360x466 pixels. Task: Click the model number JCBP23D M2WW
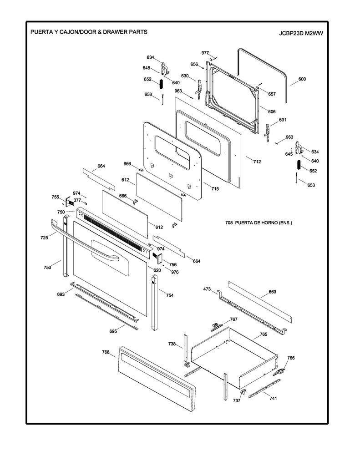tap(303, 33)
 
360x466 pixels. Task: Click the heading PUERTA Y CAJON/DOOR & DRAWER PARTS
tap(88, 33)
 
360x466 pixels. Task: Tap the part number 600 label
tap(302, 79)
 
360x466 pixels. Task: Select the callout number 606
tap(272, 111)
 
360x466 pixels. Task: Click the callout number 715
tap(215, 189)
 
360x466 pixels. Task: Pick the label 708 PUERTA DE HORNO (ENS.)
tap(259, 223)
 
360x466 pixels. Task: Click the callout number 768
tap(106, 352)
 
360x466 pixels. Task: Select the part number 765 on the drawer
tap(263, 334)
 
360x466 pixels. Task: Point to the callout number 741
tap(273, 398)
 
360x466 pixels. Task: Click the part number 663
tap(273, 292)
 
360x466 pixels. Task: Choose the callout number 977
tap(205, 53)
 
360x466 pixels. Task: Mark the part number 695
tap(113, 331)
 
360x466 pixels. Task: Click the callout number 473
tap(207, 289)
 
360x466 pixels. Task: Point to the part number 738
tap(172, 344)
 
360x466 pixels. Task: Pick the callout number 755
tap(55, 197)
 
